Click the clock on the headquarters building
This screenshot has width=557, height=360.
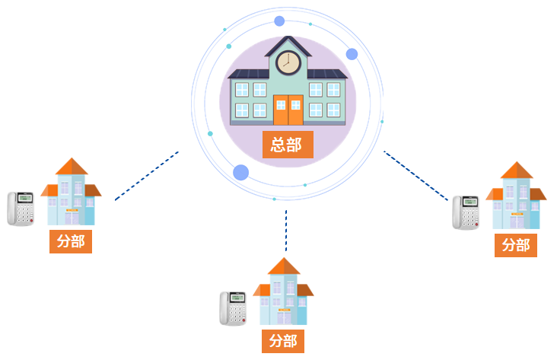[x=288, y=62]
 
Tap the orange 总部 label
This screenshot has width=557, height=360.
[x=287, y=145]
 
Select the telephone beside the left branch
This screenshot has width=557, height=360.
[x=21, y=208]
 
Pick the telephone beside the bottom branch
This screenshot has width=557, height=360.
[x=234, y=308]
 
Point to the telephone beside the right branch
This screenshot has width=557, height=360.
[x=466, y=212]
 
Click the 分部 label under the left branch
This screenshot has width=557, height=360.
[x=71, y=241]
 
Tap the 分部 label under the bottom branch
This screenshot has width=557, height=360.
[x=283, y=340]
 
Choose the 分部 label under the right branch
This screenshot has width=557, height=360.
[x=516, y=245]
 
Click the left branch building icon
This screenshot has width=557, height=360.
[x=71, y=192]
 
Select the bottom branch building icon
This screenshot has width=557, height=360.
[x=283, y=292]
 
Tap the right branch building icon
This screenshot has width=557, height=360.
[x=516, y=195]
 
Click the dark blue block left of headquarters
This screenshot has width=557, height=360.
[x=147, y=176]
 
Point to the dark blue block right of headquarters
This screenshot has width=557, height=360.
[x=415, y=176]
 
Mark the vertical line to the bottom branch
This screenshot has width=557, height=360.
[x=286, y=230]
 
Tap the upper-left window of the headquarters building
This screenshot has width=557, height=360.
[x=241, y=90]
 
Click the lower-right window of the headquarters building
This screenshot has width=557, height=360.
[x=333, y=110]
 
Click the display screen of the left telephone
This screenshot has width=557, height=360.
[x=24, y=199]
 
